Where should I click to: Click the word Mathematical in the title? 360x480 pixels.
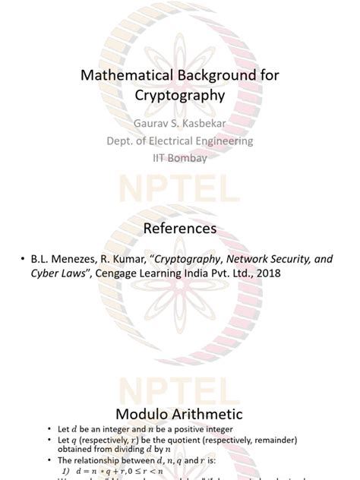pyautogui.click(x=123, y=75)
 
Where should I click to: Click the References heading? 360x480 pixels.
pyautogui.click(x=180, y=229)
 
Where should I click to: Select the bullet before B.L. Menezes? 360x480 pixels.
pyautogui.click(x=24, y=260)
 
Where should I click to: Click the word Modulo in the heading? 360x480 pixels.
pyautogui.click(x=143, y=414)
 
